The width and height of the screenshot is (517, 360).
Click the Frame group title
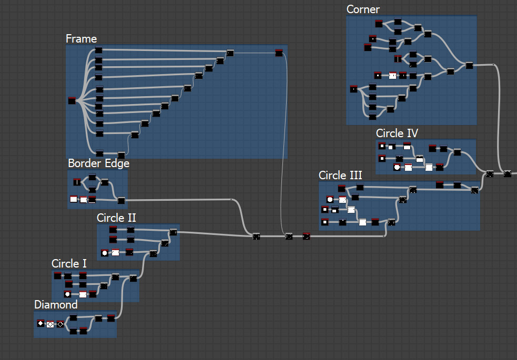point(81,39)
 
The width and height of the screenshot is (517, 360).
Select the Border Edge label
point(98,163)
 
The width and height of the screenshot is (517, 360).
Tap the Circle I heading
point(69,263)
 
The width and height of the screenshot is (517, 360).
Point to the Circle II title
point(117,218)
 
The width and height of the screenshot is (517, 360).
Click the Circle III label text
point(340,175)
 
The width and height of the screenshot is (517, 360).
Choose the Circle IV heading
point(397,133)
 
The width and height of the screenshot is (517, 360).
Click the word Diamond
point(56,305)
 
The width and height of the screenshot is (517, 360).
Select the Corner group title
point(363,9)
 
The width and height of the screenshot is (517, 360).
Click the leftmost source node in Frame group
point(72,100)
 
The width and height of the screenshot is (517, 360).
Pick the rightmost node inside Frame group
point(279,52)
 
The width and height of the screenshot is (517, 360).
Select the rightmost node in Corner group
point(469,65)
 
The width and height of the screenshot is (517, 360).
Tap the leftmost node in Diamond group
point(40,323)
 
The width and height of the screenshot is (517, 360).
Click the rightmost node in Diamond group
point(111,318)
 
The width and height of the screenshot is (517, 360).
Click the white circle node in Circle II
point(104,253)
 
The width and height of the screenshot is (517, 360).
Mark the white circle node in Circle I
point(67,294)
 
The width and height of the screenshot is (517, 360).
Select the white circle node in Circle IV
point(397,168)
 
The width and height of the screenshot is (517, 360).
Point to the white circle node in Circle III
point(330,200)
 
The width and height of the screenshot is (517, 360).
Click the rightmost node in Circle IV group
point(457,152)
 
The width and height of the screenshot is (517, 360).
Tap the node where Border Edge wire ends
point(256,236)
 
